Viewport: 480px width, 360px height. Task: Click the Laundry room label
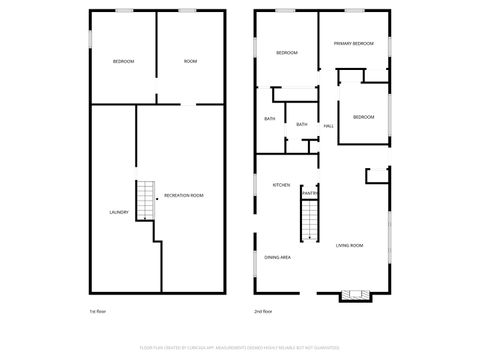[118, 212]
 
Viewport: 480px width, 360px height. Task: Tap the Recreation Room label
[183, 195]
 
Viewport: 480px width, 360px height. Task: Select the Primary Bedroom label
[354, 44]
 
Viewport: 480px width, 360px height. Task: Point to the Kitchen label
[282, 185]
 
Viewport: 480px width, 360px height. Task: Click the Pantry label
[309, 193]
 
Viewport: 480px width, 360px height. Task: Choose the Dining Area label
[277, 258]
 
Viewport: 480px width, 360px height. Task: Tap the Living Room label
[349, 245]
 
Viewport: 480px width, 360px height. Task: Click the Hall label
[329, 125]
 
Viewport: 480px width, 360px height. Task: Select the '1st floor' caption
[98, 311]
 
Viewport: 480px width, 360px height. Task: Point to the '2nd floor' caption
[263, 311]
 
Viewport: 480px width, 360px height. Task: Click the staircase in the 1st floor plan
[146, 200]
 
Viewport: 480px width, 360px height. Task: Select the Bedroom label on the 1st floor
[122, 62]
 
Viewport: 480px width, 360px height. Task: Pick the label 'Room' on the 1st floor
[190, 62]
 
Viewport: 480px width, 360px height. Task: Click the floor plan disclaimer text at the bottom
[240, 349]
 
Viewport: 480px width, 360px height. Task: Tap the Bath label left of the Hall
[302, 124]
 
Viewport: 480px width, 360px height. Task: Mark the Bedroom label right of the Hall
[363, 117]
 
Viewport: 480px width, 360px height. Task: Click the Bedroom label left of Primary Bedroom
[287, 53]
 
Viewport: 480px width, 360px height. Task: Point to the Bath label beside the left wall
[270, 119]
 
